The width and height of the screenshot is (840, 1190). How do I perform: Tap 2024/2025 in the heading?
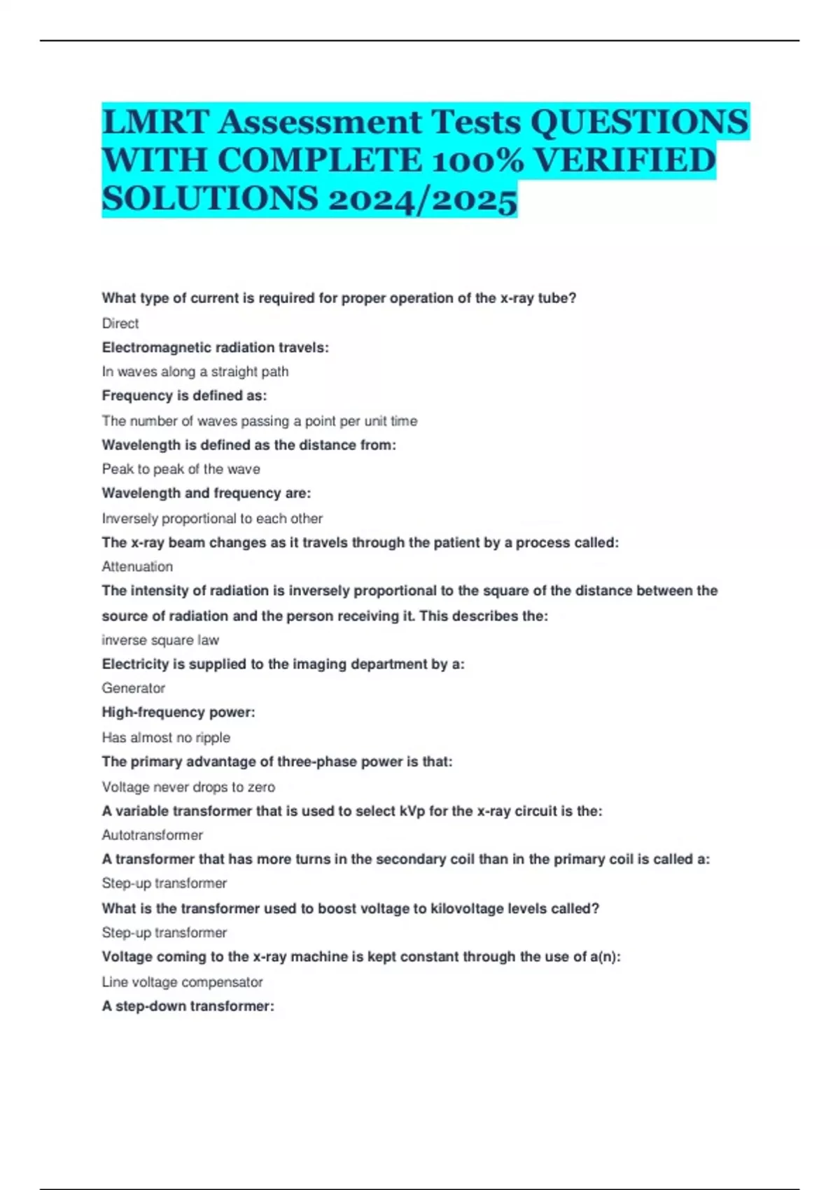point(422,199)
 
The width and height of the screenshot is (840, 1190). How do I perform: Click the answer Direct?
point(120,323)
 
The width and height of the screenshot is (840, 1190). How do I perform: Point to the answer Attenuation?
point(137,566)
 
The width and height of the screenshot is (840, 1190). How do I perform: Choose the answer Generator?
point(134,688)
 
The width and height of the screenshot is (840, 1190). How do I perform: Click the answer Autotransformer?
point(153,835)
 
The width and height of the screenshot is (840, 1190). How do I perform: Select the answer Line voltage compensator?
point(183,982)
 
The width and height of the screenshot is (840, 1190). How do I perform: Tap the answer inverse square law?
point(160,640)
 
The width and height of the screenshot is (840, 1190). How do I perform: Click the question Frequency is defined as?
point(184,395)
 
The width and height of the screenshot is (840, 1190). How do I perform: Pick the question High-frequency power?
point(178,713)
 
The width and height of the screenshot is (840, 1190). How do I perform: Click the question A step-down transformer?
point(188,1006)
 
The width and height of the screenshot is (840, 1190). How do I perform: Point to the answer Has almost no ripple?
point(166,737)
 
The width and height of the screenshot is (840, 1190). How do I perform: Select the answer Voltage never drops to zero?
point(188,787)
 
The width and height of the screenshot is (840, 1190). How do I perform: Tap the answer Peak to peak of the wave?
point(181,469)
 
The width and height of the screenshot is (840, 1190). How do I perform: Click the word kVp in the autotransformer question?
point(412,811)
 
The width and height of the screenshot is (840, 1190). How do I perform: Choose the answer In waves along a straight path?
point(195,372)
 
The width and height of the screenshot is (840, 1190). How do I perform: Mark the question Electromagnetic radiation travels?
point(215,347)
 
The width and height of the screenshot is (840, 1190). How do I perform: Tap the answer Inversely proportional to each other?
point(212,519)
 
